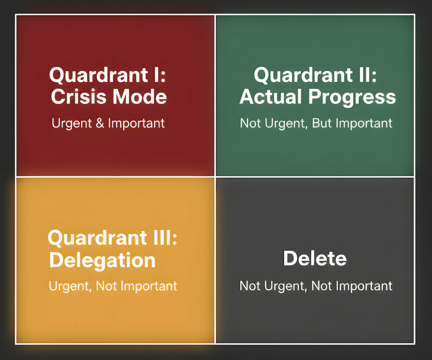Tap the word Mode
point(138,97)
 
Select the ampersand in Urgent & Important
point(100,123)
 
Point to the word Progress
point(352,97)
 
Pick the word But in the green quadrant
point(321,123)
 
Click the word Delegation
point(102,260)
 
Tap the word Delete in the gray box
point(314,258)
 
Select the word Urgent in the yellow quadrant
point(70,286)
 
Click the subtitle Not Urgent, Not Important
point(316,286)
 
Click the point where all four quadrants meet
point(215,177)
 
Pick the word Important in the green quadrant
point(363,123)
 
